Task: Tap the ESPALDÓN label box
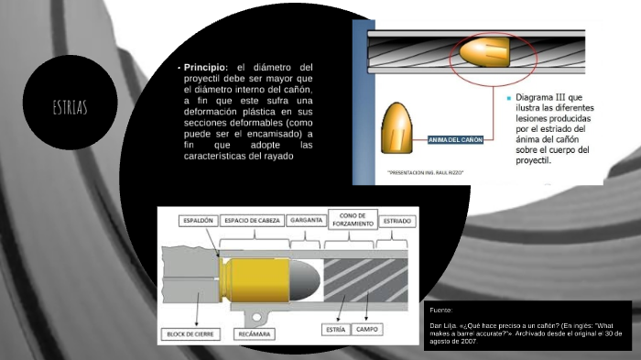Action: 198,221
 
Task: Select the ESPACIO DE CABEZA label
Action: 253,221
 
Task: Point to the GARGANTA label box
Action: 304,221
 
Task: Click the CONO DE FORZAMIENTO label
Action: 351,219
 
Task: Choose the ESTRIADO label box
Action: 397,221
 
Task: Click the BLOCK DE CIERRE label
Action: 191,334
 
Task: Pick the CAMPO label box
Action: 368,327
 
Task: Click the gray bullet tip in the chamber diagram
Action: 305,278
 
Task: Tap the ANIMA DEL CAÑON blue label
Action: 455,139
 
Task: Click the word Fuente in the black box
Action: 440,311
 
